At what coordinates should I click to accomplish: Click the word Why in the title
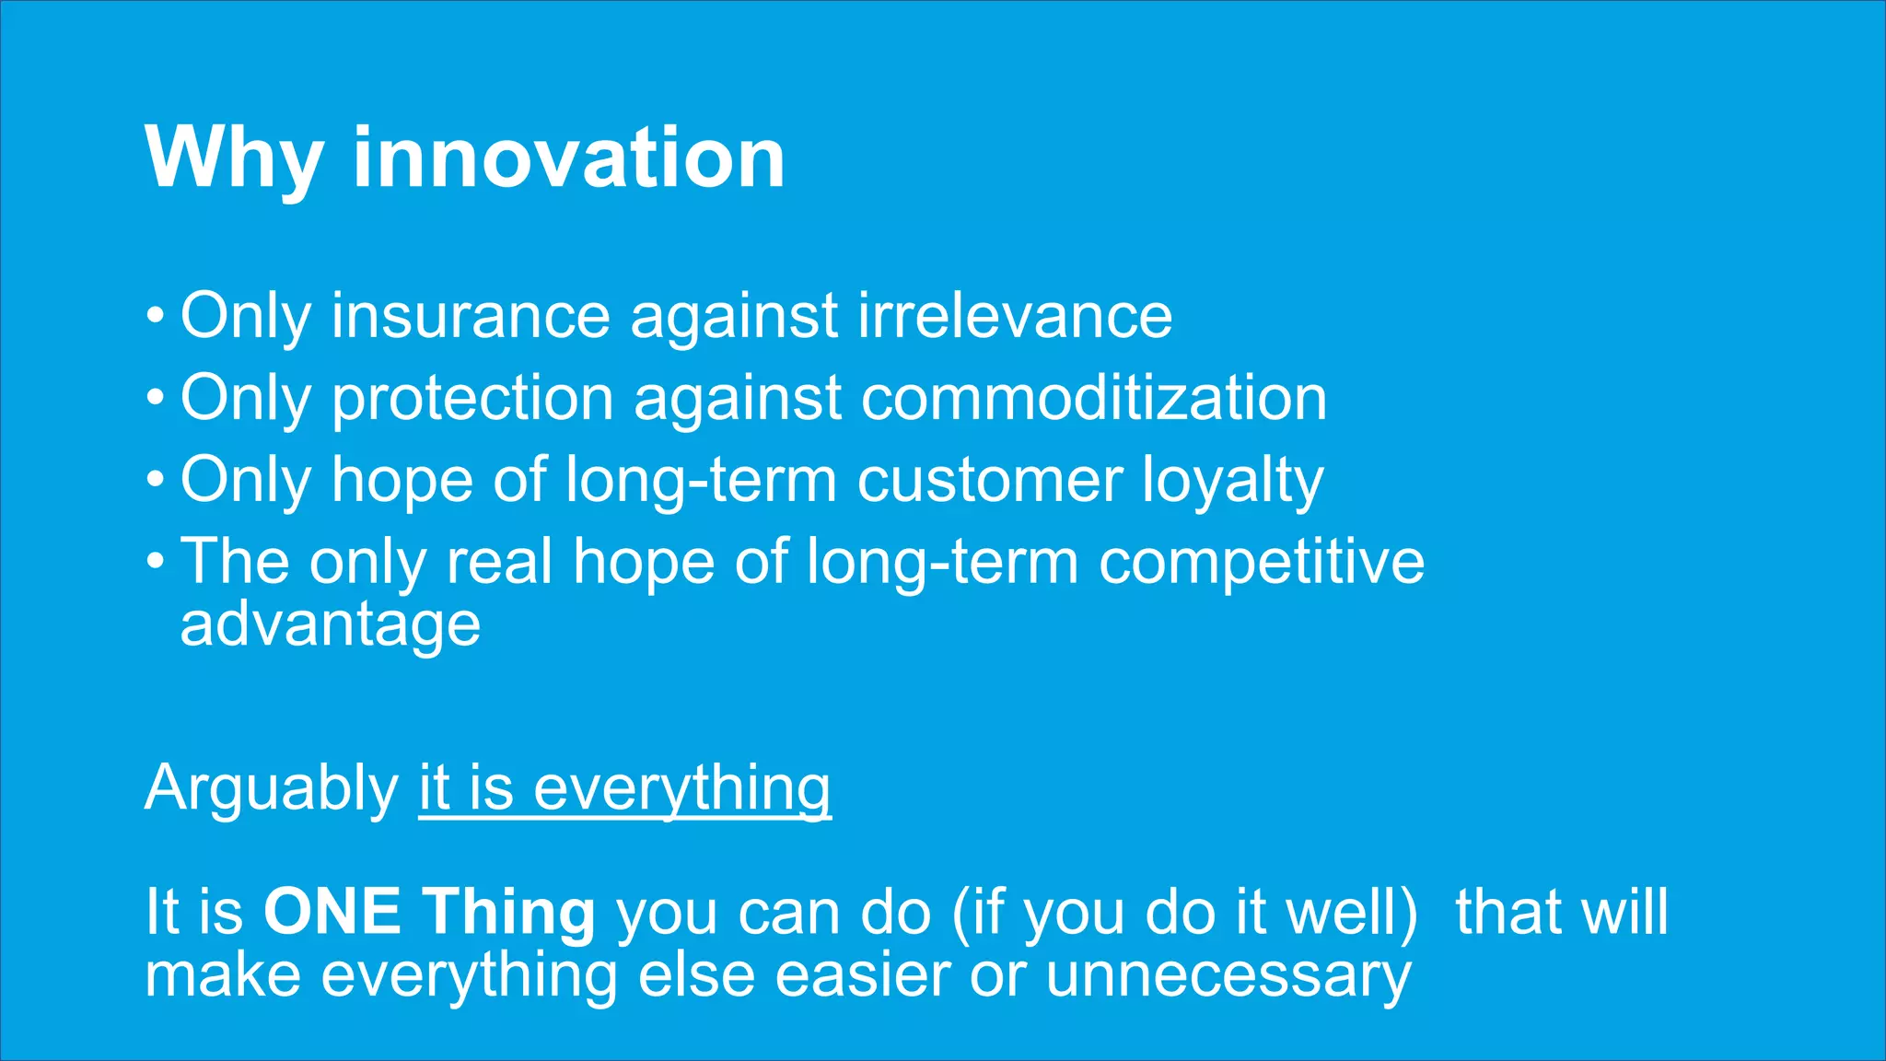(x=234, y=158)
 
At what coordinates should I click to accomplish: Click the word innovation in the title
(x=568, y=158)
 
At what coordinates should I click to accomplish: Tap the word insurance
(x=471, y=316)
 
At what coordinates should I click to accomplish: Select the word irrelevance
(x=1015, y=316)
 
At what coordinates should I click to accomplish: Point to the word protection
(x=472, y=399)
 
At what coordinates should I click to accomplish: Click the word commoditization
(x=1094, y=399)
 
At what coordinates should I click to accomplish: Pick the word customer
(x=990, y=481)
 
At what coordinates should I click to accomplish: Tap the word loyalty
(x=1232, y=481)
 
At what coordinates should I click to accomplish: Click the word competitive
(x=1262, y=562)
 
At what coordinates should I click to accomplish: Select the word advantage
(x=330, y=624)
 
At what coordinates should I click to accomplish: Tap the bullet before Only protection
(x=156, y=400)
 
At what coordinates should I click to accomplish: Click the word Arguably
(x=271, y=789)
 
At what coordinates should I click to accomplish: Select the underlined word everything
(x=681, y=789)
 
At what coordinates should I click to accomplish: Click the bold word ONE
(x=332, y=912)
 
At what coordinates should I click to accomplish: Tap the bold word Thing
(x=509, y=912)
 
